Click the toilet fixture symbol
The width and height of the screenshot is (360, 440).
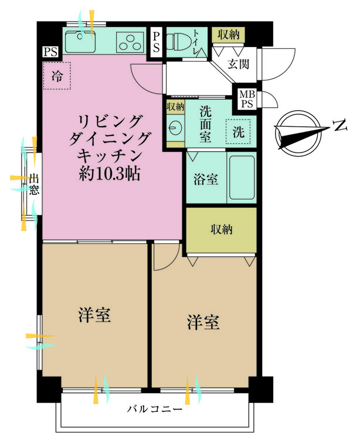[x=176, y=42]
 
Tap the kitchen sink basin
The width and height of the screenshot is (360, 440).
[x=80, y=42]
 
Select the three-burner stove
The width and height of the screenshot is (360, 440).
[x=130, y=42]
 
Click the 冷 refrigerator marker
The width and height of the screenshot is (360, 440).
[x=57, y=76]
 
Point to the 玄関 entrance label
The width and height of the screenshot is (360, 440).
[x=238, y=64]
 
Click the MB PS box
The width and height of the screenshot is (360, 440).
[x=247, y=99]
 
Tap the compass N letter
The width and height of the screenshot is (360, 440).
[x=340, y=126]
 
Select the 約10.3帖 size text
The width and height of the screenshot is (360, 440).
[x=110, y=174]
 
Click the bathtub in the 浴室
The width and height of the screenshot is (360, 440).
[x=242, y=177]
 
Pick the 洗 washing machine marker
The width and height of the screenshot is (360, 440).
[x=238, y=131]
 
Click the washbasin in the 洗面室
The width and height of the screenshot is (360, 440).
[x=175, y=128]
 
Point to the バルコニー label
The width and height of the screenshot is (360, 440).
[x=155, y=409]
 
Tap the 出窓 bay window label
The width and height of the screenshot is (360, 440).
[x=34, y=184]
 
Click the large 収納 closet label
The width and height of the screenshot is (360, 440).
[x=222, y=229]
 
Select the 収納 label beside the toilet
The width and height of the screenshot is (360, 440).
[x=229, y=35]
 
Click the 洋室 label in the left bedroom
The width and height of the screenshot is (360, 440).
[x=94, y=315]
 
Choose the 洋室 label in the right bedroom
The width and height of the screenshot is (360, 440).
[x=203, y=322]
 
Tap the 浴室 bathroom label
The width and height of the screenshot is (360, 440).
[x=206, y=180]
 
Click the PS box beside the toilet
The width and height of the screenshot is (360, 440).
[x=156, y=42]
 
